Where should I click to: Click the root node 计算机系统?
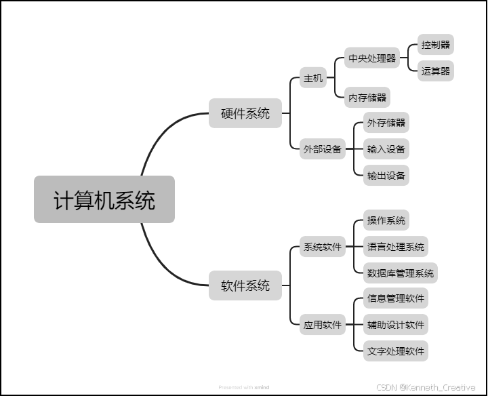pyautogui.click(x=104, y=200)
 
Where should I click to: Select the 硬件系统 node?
pyautogui.click(x=245, y=113)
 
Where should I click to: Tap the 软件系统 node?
pyautogui.click(x=245, y=285)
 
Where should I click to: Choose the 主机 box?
pyautogui.click(x=312, y=78)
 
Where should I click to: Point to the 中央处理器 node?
pyautogui.click(x=371, y=58)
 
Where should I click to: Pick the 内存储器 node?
pyautogui.click(x=367, y=97)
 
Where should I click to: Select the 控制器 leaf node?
pyautogui.click(x=435, y=45)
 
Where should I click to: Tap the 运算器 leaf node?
pyautogui.click(x=435, y=71)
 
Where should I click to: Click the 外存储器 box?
pyautogui.click(x=386, y=123)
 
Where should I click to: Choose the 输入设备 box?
pyautogui.click(x=386, y=149)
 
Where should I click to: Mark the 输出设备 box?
pyautogui.click(x=386, y=176)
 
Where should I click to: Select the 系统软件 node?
pyautogui.click(x=323, y=247)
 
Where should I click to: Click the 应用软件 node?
pyautogui.click(x=323, y=324)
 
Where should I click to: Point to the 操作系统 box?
pyautogui.click(x=386, y=220)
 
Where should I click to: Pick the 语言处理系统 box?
pyautogui.click(x=395, y=247)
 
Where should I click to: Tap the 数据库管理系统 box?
pyautogui.click(x=400, y=273)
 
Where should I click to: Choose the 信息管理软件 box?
pyautogui.click(x=395, y=298)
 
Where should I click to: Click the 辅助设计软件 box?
pyautogui.click(x=395, y=324)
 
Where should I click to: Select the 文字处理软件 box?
pyautogui.click(x=395, y=351)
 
